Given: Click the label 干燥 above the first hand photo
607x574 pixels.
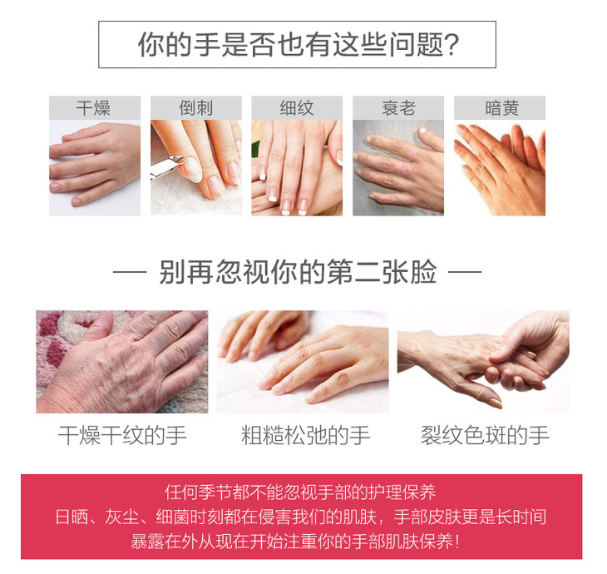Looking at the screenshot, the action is click(x=93, y=108).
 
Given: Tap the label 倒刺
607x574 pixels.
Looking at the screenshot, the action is click(x=196, y=108).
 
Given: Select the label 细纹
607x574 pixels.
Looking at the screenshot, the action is click(x=297, y=108).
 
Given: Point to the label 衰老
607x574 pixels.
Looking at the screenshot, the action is click(x=398, y=108).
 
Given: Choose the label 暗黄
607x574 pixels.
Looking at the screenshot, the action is click(x=501, y=108).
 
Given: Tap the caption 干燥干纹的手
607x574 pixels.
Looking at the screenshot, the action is click(x=122, y=435).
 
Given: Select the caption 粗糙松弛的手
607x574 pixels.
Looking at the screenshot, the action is click(x=305, y=435).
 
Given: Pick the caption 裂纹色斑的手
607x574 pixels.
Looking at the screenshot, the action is click(x=485, y=435).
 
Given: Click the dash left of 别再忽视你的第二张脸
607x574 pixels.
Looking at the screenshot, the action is click(x=130, y=272).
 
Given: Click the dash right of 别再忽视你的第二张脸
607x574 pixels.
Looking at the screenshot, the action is click(x=465, y=272).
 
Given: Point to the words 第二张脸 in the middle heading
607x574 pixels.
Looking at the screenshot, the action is click(x=382, y=272).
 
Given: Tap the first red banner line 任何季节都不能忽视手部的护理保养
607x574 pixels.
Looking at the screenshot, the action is click(x=300, y=492).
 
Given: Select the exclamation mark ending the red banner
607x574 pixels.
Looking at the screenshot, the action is click(x=458, y=542).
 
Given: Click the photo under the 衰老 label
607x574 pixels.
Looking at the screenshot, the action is click(x=398, y=168).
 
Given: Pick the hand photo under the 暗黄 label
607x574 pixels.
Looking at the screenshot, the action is click(x=500, y=168).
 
